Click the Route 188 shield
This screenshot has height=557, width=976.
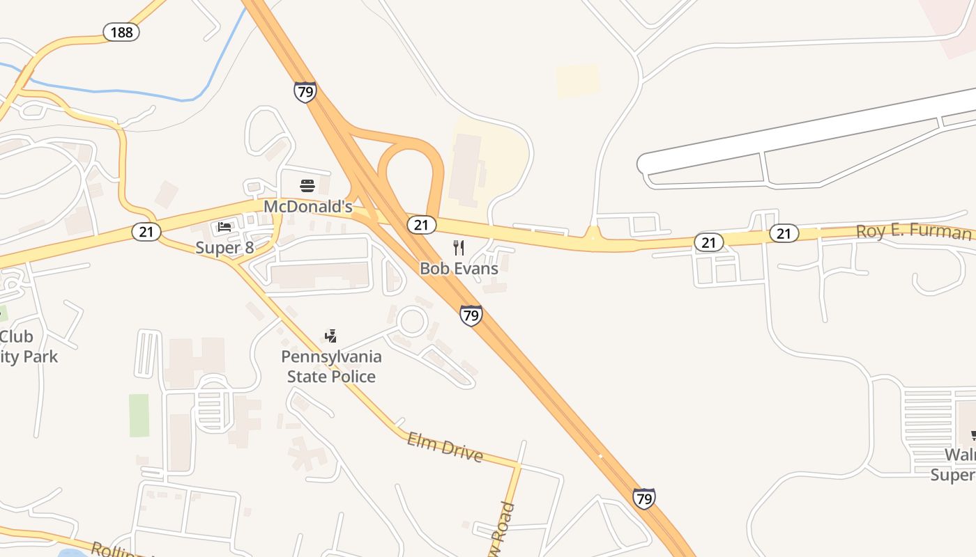[x=121, y=32]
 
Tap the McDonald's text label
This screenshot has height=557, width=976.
[x=307, y=207]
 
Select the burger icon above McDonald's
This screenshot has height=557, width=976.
[x=307, y=185]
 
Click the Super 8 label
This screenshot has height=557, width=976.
[x=225, y=248]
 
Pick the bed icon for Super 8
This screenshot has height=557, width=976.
[x=224, y=227]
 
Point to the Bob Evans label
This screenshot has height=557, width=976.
[x=459, y=268]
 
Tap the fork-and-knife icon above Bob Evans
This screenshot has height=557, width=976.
[x=459, y=247]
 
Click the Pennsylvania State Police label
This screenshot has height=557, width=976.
[x=332, y=366]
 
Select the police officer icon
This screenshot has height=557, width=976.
[x=331, y=336]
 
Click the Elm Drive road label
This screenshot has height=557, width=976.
[x=445, y=447]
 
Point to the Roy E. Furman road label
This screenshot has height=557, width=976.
[x=913, y=231]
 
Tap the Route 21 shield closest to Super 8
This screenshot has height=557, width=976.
[x=146, y=232]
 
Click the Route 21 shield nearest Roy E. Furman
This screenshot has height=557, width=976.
[x=784, y=233]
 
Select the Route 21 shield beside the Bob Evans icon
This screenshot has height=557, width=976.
[x=421, y=224]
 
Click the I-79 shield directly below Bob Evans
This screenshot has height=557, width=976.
[x=471, y=315]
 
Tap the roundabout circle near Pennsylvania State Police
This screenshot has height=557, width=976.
[x=411, y=321]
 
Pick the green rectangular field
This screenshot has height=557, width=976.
[x=139, y=416]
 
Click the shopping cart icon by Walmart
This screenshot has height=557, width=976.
[x=973, y=436]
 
